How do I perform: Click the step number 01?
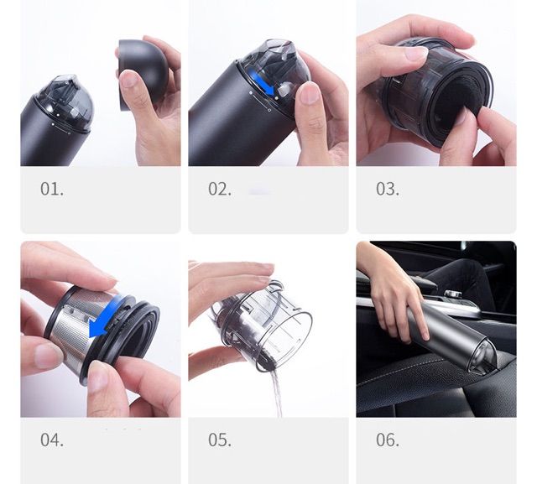point(52,190)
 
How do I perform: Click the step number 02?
point(220,190)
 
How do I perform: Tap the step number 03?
point(388,190)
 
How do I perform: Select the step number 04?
point(52,440)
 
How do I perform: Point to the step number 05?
point(220,440)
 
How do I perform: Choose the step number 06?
point(388,440)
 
